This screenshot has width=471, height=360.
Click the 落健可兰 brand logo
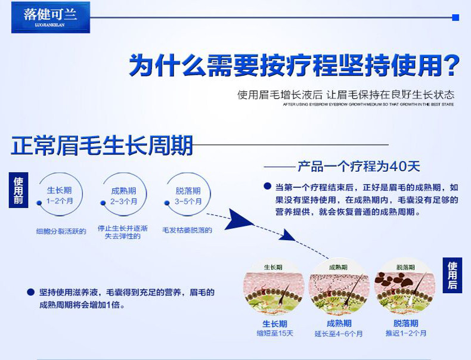(x=50, y=17)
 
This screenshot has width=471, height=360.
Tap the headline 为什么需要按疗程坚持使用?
(x=294, y=65)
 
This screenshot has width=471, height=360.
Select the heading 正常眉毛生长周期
(x=102, y=145)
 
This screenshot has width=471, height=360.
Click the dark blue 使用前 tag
(x=19, y=191)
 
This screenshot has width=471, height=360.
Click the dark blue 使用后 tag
(x=453, y=275)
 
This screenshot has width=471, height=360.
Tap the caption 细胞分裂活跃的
(x=61, y=231)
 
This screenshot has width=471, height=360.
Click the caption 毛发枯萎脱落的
(x=187, y=229)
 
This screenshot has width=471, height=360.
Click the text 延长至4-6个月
(x=339, y=334)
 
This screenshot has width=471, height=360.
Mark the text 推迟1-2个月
(x=406, y=333)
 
